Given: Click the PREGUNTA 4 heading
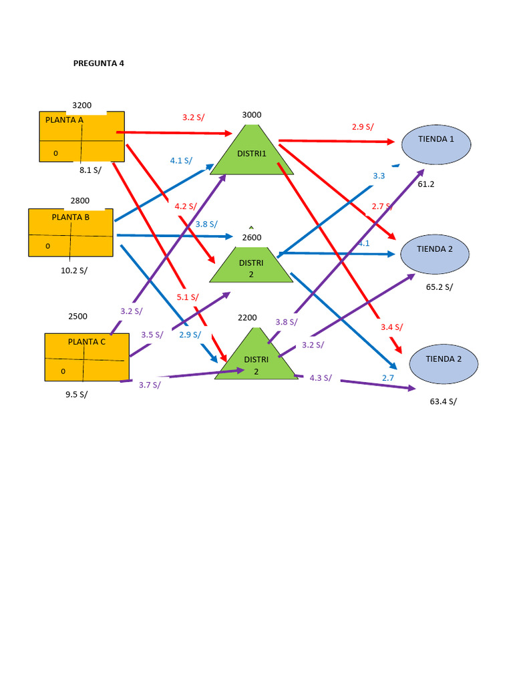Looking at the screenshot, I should tap(98, 63).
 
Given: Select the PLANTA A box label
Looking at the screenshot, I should tap(64, 120).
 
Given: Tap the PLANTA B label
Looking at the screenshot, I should tap(70, 217).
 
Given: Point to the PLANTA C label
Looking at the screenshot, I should tap(86, 341).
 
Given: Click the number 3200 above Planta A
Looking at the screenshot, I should tap(81, 106).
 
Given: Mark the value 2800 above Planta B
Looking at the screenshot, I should tap(79, 200).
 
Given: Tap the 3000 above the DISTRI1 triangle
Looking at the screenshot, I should tap(251, 115).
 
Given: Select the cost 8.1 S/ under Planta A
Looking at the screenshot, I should tap(90, 170).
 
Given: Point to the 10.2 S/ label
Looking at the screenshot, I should tap(73, 271).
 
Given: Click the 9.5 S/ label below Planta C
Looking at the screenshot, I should tap(76, 394).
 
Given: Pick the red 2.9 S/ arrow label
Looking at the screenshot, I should tap(363, 127).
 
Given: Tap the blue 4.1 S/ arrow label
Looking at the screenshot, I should tap(181, 160).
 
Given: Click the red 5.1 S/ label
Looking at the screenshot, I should tap(188, 297).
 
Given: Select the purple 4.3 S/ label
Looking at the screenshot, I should tap(321, 377).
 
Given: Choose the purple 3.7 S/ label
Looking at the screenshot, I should tap(150, 385).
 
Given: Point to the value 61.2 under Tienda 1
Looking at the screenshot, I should tap(425, 184).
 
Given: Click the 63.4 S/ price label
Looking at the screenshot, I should tap(443, 401).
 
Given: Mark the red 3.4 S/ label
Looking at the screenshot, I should tap(391, 327).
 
